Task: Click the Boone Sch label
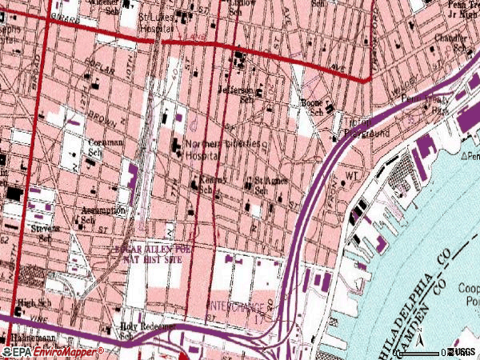[311, 107]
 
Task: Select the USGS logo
[463, 352]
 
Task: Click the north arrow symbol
[470, 157]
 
